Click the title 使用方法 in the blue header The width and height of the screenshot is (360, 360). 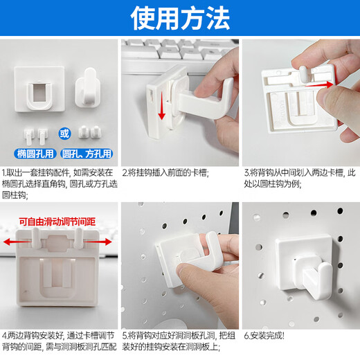click(179, 19)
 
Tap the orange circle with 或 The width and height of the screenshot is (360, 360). click(64, 132)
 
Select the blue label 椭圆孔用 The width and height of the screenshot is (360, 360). click(32, 153)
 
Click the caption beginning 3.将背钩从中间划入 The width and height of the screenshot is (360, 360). click(300, 177)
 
